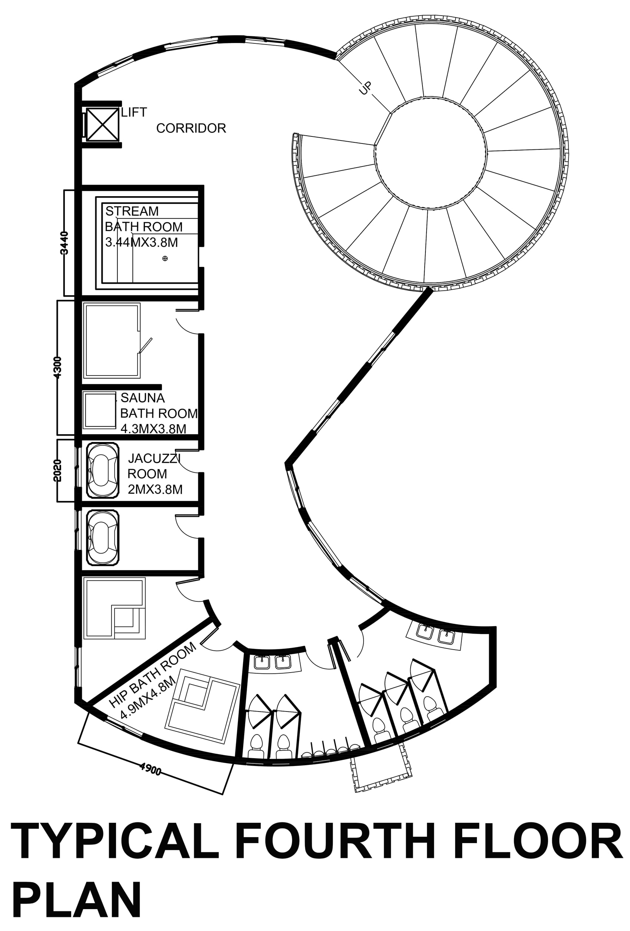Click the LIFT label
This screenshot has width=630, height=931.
(134, 112)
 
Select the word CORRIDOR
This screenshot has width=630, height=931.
(191, 128)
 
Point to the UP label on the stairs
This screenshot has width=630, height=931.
(365, 88)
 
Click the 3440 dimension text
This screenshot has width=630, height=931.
(64, 243)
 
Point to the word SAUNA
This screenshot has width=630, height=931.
(143, 398)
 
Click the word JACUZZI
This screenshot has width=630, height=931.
(154, 458)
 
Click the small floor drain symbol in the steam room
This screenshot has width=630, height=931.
(165, 258)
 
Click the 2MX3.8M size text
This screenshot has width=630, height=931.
(155, 489)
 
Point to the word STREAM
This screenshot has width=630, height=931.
(132, 211)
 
